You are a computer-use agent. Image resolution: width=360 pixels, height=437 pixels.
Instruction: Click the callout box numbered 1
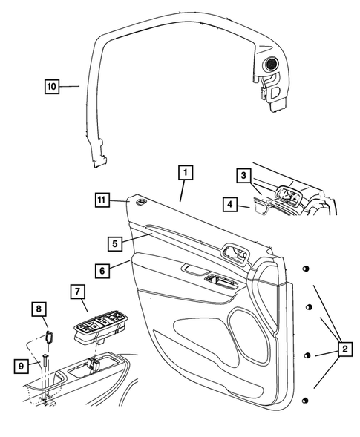pyautogui.click(x=186, y=174)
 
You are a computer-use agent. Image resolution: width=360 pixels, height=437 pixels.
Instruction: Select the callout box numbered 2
pyautogui.click(x=344, y=346)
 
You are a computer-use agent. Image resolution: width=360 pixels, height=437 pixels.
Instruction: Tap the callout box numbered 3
pyautogui.click(x=243, y=176)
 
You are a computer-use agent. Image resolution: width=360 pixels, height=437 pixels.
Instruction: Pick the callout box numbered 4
pyautogui.click(x=231, y=203)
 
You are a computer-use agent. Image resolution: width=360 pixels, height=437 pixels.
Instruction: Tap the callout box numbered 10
pyautogui.click(x=50, y=87)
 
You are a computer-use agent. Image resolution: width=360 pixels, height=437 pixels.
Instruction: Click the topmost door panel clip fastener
pyautogui.click(x=304, y=269)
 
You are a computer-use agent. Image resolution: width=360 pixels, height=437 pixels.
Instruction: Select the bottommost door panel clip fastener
pyautogui.click(x=304, y=401)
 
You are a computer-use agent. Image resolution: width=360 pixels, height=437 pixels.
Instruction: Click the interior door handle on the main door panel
pyautogui.click(x=235, y=254)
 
